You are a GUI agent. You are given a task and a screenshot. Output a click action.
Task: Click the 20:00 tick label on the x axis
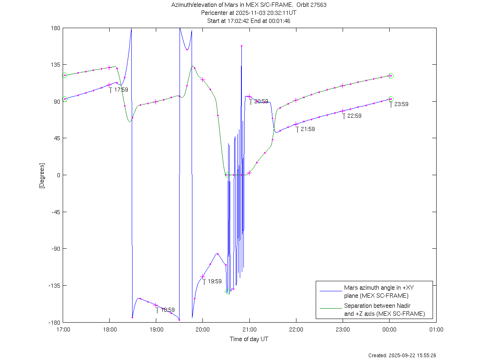(203, 329)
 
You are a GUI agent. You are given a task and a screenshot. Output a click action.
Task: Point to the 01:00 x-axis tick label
(436, 329)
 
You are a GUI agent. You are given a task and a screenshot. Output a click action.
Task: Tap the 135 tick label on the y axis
(55, 65)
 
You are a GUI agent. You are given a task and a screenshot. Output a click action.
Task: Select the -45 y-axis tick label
(55, 212)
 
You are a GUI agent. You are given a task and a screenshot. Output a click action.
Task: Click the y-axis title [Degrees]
(41, 175)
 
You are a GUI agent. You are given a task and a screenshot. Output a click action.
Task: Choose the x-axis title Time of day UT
(249, 339)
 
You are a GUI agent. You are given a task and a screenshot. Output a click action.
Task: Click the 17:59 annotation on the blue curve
(121, 90)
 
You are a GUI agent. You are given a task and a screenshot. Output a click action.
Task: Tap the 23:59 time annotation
(401, 104)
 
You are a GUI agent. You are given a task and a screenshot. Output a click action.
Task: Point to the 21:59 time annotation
(308, 129)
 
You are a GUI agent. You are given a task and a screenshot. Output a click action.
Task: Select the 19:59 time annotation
(214, 281)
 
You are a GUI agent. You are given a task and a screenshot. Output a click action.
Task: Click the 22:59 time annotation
(354, 116)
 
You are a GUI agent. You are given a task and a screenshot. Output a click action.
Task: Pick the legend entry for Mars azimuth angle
(376, 292)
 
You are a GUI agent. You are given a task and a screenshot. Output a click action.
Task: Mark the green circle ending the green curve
(391, 76)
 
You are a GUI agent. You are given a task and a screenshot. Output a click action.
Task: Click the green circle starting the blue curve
(65, 99)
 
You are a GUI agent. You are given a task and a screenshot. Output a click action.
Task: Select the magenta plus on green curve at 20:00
(203, 80)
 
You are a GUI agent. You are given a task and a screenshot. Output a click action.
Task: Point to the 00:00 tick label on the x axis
(390, 329)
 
